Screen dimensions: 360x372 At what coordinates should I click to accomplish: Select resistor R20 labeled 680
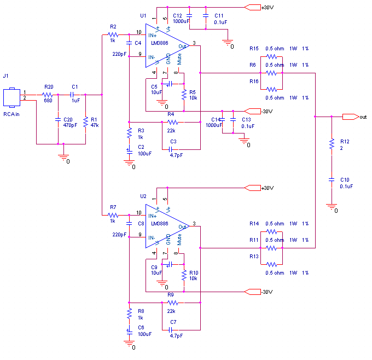pos(48,95)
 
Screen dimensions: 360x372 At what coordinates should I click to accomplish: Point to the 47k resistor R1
pos(86,123)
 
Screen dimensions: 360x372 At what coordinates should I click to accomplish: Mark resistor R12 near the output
pos(331,144)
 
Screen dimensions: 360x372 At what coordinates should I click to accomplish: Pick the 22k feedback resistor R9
pos(172,303)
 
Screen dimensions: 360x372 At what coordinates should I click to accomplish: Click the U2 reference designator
pos(143,196)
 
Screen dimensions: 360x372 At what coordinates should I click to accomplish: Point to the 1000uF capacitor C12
pos(189,16)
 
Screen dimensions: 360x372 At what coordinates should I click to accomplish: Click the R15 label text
pos(253,49)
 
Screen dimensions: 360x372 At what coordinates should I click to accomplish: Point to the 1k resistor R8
pos(129,313)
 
